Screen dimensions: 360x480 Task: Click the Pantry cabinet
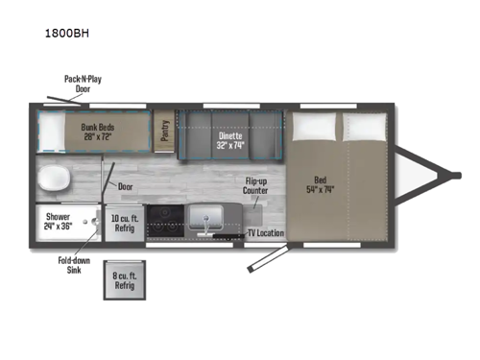pyautogui.click(x=165, y=131)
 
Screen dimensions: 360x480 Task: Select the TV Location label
pyautogui.click(x=265, y=233)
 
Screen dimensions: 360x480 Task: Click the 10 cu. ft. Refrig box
pyautogui.click(x=123, y=222)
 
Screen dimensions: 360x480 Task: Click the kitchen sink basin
pyautogui.click(x=204, y=220)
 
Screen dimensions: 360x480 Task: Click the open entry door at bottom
pyautogui.click(x=267, y=255)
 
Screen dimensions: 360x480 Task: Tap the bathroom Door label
pyautogui.click(x=125, y=188)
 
